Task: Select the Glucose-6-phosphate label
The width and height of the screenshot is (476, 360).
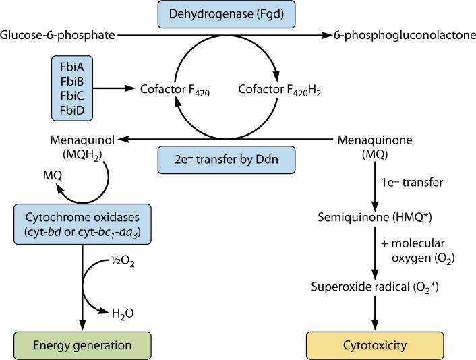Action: pyautogui.click(x=57, y=35)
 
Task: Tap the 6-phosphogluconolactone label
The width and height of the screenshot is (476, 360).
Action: pyautogui.click(x=403, y=35)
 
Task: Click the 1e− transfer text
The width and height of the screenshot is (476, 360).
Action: pyautogui.click(x=404, y=183)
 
